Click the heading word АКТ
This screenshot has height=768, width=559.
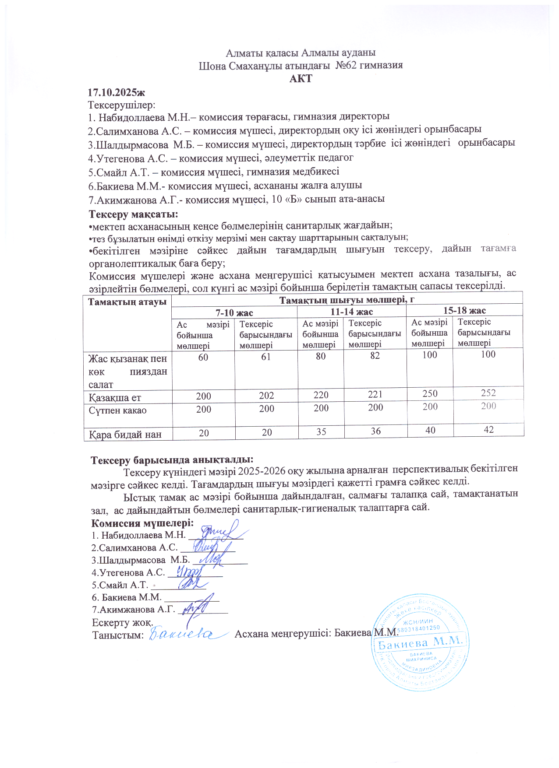click(301, 79)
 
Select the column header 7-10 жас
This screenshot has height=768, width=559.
click(234, 312)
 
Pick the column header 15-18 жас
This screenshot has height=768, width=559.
click(464, 310)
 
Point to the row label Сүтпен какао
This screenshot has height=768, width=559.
click(117, 410)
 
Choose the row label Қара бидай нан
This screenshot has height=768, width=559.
click(125, 435)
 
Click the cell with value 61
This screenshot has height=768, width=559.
click(266, 357)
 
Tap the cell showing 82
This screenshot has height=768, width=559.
click(375, 356)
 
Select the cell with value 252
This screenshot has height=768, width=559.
click(488, 393)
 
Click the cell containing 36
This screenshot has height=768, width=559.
click(375, 431)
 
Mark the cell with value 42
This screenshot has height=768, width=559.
click(488, 430)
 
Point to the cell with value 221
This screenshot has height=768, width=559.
click(375, 394)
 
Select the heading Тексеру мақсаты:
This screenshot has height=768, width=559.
click(133, 214)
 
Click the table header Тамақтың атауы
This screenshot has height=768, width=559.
click(127, 302)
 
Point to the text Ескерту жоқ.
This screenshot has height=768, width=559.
click(122, 622)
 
